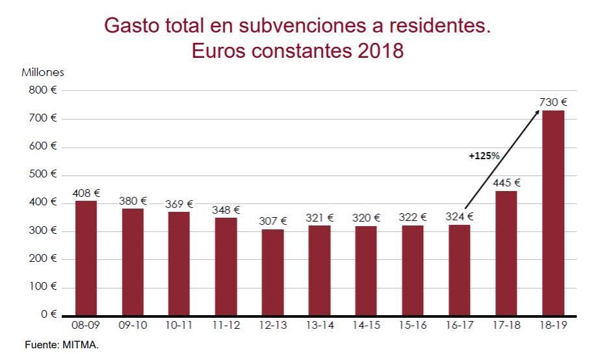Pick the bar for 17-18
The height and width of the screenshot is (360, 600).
(506, 253)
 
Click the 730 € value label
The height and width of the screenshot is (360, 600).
(553, 102)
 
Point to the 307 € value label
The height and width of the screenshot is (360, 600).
(273, 221)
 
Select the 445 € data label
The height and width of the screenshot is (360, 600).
(506, 183)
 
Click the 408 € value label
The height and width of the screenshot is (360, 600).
(86, 193)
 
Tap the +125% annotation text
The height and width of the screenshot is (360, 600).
(484, 156)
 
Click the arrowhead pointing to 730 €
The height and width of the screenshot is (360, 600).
(537, 113)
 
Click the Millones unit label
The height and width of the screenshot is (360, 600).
(43, 73)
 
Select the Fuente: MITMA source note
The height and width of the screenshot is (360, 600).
(62, 345)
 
